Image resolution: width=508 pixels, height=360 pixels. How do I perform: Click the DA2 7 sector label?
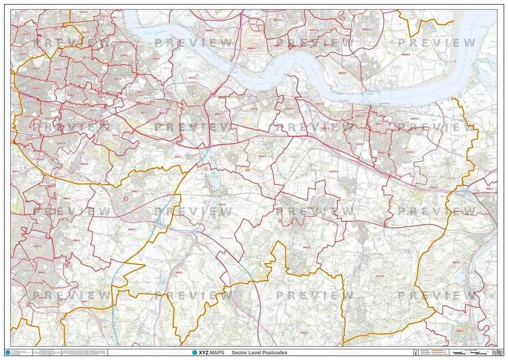(x=178, y=157)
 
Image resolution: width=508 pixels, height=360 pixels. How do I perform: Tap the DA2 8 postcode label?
(x=262, y=156)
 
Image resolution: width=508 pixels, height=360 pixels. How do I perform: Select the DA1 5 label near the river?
(x=191, y=78)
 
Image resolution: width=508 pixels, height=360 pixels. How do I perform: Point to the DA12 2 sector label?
(x=415, y=119)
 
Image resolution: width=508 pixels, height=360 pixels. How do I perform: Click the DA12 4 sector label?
(x=410, y=152)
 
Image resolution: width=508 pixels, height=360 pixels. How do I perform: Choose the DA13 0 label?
(x=380, y=276)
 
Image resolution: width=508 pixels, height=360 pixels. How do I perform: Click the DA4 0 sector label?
(x=179, y=272)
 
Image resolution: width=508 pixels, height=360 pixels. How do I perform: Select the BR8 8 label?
(x=131, y=229)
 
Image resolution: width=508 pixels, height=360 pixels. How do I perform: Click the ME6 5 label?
(x=460, y=330)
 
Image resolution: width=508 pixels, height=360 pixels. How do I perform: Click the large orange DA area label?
(x=248, y=169)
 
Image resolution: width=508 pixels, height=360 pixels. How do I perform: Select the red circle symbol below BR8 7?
(x=126, y=198)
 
